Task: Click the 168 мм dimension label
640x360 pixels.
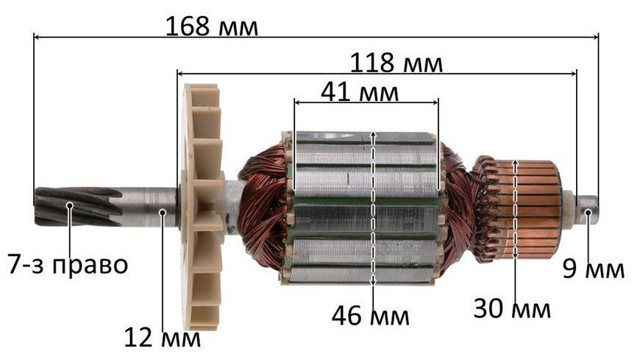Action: click(x=211, y=27)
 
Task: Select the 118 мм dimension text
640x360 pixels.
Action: click(x=397, y=63)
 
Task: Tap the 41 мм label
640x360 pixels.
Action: click(x=360, y=92)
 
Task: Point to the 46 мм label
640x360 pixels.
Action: click(x=370, y=315)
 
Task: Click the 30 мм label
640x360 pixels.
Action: click(x=512, y=308)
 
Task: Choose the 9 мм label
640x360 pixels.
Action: click(x=593, y=269)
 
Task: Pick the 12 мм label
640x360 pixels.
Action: click(x=162, y=337)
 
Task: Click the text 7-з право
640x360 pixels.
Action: click(x=68, y=264)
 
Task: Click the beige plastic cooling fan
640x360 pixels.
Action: click(x=202, y=206)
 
